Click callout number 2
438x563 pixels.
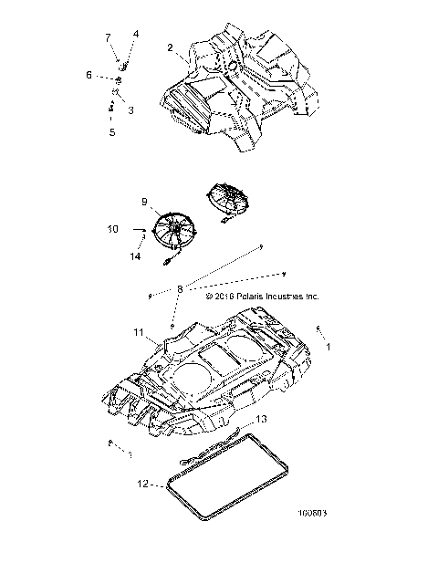click(171, 47)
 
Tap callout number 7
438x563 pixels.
click(107, 37)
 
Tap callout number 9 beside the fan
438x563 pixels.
click(143, 201)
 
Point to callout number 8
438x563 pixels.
click(181, 288)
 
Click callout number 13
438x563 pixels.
click(261, 419)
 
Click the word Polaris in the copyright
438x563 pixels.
click(254, 297)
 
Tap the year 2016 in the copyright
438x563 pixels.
click(225, 297)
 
